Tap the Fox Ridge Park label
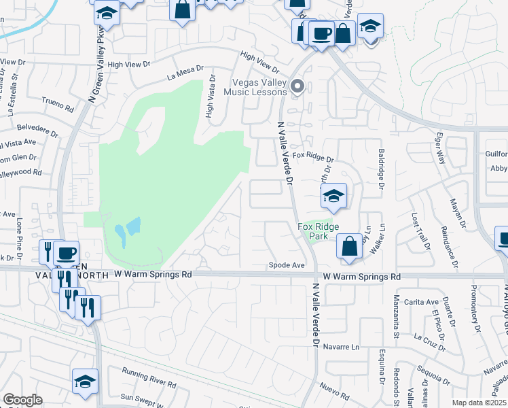point(319,231)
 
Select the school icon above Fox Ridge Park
point(333,197)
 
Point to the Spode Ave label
point(286,265)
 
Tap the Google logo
point(22,400)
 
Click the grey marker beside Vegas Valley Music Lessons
point(296,86)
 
